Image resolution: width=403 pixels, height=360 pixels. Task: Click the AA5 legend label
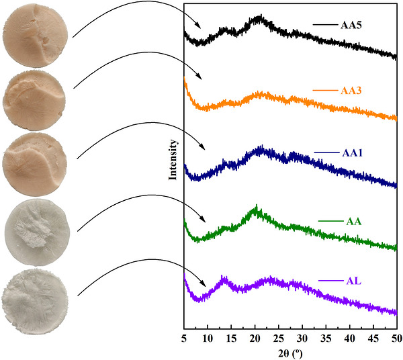351,25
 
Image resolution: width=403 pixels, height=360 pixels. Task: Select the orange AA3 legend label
351,91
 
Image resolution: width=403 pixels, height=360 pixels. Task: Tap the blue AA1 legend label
352,153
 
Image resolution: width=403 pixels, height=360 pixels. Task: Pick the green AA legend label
354,221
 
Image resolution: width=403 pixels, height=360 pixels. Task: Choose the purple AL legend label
354,281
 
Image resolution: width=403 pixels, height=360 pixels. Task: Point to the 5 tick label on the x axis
184,339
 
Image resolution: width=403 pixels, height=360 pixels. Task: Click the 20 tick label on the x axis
255,339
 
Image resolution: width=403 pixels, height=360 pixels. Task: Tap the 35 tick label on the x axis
326,339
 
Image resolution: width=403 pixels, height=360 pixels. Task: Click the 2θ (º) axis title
290,354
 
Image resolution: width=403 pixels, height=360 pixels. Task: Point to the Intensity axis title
173,160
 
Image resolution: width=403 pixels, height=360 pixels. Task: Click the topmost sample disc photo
36,36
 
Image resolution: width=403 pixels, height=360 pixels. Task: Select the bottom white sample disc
35,302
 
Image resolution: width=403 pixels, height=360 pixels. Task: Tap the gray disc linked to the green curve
37,232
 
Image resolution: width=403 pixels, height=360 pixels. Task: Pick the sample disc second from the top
34,101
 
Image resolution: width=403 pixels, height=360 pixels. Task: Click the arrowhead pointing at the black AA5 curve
198,26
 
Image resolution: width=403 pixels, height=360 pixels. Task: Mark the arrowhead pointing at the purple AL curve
203,283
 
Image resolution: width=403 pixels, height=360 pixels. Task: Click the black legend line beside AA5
325,25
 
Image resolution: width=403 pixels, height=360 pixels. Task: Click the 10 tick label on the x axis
208,339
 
